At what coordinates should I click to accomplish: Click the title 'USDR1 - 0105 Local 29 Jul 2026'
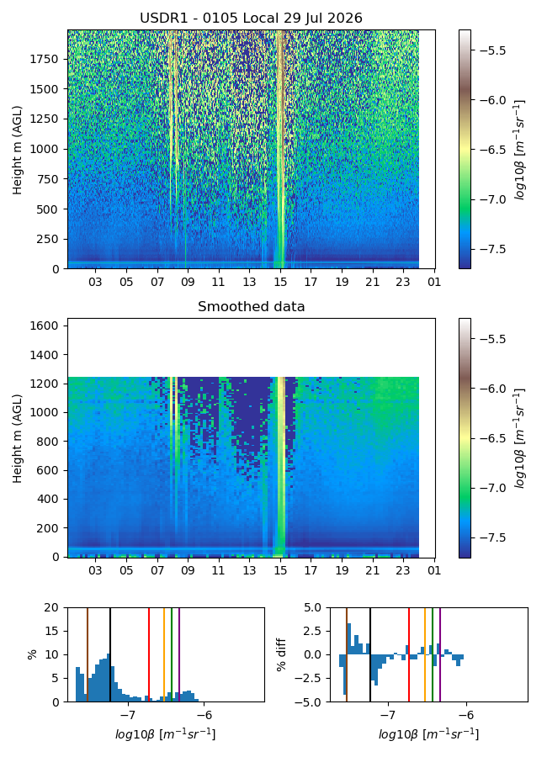[252, 19]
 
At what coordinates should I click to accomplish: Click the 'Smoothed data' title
[252, 306]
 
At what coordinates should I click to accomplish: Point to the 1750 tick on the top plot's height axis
[44, 60]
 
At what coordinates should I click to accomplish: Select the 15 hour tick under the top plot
[280, 282]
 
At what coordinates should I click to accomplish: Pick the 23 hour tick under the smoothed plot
[403, 570]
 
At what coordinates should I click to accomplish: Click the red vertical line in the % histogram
[149, 654]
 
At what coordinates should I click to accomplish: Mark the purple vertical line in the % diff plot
[440, 654]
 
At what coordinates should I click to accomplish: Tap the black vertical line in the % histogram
[110, 654]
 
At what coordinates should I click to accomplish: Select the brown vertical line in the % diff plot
[347, 654]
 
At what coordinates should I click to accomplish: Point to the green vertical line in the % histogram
[172, 654]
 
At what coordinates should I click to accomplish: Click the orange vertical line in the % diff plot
[425, 654]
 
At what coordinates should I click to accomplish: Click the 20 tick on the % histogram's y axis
[51, 608]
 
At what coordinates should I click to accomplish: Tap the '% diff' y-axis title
[281, 654]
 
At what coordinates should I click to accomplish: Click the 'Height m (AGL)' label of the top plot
[18, 151]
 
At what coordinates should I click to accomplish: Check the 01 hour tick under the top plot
[434, 282]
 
